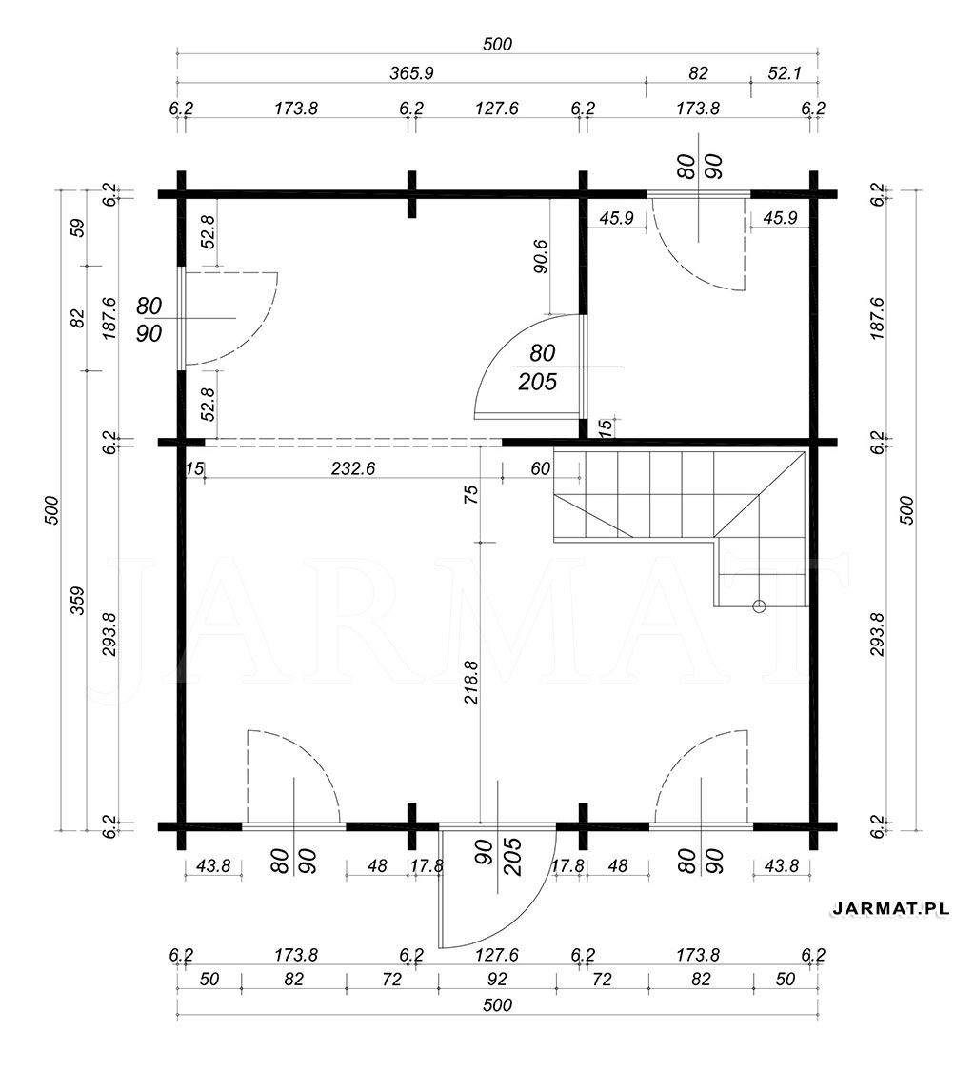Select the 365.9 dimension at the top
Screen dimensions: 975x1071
click(412, 73)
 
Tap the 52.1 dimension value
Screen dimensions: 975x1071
click(784, 73)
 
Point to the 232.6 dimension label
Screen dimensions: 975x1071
click(353, 468)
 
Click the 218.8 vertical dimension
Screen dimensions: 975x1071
click(470, 682)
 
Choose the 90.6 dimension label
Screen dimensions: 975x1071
click(541, 256)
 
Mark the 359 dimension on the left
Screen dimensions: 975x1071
click(78, 601)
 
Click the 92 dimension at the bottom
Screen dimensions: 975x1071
click(497, 979)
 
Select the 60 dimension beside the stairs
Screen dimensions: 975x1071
click(540, 468)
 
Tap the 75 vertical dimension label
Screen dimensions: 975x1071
click(470, 493)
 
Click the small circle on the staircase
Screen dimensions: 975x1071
click(759, 605)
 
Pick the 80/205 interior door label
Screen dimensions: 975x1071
click(539, 367)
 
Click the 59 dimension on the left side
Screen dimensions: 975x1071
click(78, 227)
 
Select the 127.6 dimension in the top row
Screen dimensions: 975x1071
click(497, 109)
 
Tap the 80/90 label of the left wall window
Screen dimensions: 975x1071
click(149, 319)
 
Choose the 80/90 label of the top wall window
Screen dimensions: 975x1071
click(698, 167)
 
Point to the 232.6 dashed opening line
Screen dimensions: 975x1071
click(353, 442)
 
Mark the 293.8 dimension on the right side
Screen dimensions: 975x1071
click(878, 634)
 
